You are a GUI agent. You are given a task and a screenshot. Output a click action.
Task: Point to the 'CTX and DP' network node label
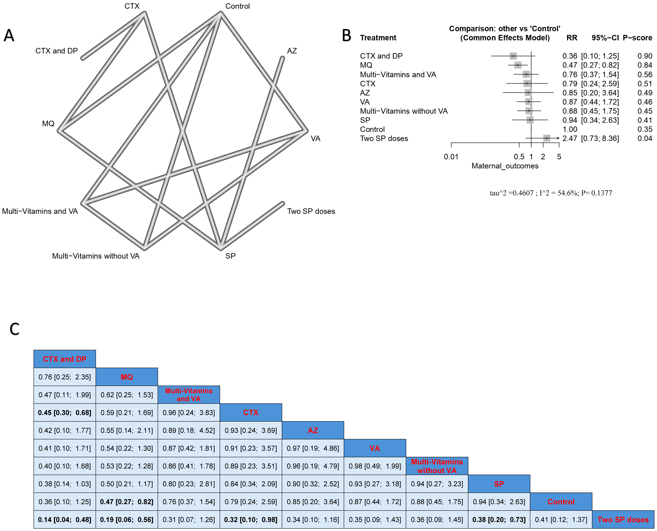[x=57, y=51]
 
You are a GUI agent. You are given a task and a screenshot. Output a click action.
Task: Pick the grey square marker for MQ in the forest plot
[x=518, y=65]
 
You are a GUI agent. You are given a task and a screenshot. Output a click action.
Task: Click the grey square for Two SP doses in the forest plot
[x=547, y=138]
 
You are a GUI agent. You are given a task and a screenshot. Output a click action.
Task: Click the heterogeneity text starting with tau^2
[x=551, y=193]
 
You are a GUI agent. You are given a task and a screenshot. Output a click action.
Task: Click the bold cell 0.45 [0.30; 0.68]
[x=65, y=413]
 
